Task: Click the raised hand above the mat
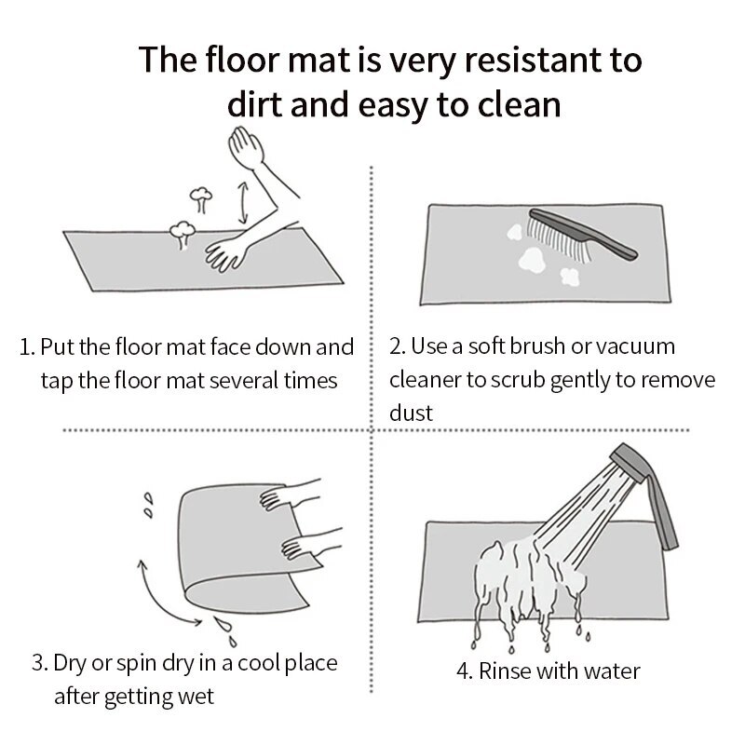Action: [246, 148]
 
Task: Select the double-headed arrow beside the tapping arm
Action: [243, 202]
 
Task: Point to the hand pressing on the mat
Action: [226, 253]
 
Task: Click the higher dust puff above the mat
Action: [201, 199]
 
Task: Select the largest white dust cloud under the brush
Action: [532, 261]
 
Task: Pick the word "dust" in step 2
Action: [411, 413]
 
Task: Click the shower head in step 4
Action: [628, 462]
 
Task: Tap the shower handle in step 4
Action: [662, 512]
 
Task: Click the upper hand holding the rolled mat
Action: [288, 495]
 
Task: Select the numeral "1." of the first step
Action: [27, 347]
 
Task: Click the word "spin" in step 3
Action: [137, 664]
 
